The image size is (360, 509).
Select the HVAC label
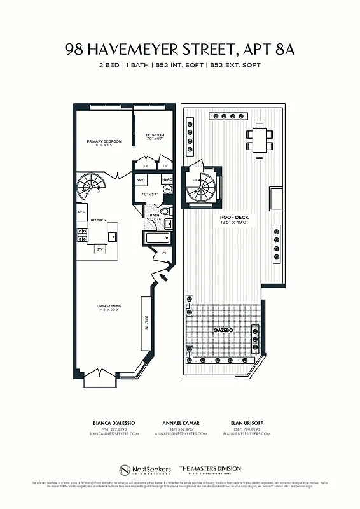167,180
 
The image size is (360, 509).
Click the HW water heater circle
168,189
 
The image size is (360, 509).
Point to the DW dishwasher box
100,249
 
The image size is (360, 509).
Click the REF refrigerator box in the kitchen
81,212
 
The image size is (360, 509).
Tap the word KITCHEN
98,220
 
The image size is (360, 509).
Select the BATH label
154,215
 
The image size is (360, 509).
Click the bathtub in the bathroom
158,239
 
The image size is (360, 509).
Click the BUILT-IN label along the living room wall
146,323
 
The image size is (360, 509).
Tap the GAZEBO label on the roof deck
222,331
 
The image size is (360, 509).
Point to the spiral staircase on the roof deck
204,186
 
